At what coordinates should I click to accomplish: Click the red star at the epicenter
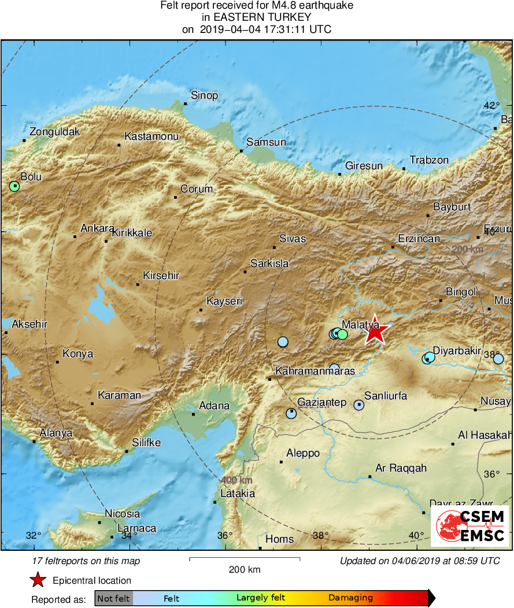point(375,331)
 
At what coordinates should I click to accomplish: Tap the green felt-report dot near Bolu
point(14,186)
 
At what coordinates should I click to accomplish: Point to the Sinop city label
point(205,95)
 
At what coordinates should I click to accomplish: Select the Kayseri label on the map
point(224,301)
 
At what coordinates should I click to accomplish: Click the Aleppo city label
point(303,453)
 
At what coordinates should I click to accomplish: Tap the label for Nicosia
point(122,513)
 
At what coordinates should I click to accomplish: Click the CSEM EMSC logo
point(470,526)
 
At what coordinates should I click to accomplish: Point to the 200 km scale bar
point(245,559)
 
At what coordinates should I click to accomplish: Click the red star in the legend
point(38,580)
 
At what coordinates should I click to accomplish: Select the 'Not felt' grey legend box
point(113,598)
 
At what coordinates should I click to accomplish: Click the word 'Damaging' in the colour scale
point(351,598)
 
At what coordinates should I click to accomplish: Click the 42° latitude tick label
point(492,105)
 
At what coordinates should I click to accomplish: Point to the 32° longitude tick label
point(34,535)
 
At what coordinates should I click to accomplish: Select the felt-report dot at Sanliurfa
point(358,405)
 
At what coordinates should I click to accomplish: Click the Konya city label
point(77,354)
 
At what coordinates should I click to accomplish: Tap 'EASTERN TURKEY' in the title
point(256,17)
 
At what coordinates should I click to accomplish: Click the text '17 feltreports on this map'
point(87,561)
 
